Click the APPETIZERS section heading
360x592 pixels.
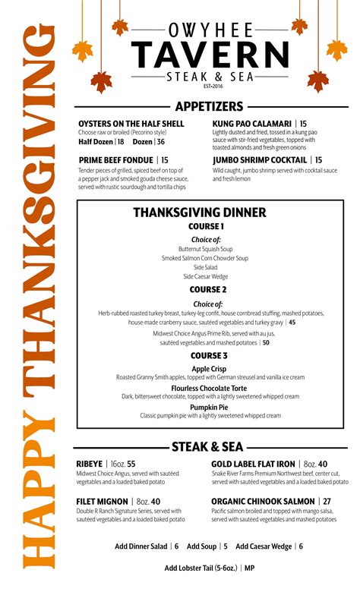coord(209,106)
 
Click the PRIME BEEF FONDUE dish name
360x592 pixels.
coord(116,160)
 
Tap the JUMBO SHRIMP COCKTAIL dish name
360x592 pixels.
coord(260,160)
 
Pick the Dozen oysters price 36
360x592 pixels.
coord(160,142)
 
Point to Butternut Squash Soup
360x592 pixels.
coord(206,248)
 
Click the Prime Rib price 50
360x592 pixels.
coord(266,342)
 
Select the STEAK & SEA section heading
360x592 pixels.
coord(207,447)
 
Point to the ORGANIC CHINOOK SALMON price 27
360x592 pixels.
coord(327,502)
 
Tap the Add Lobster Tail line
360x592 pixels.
coord(209,568)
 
